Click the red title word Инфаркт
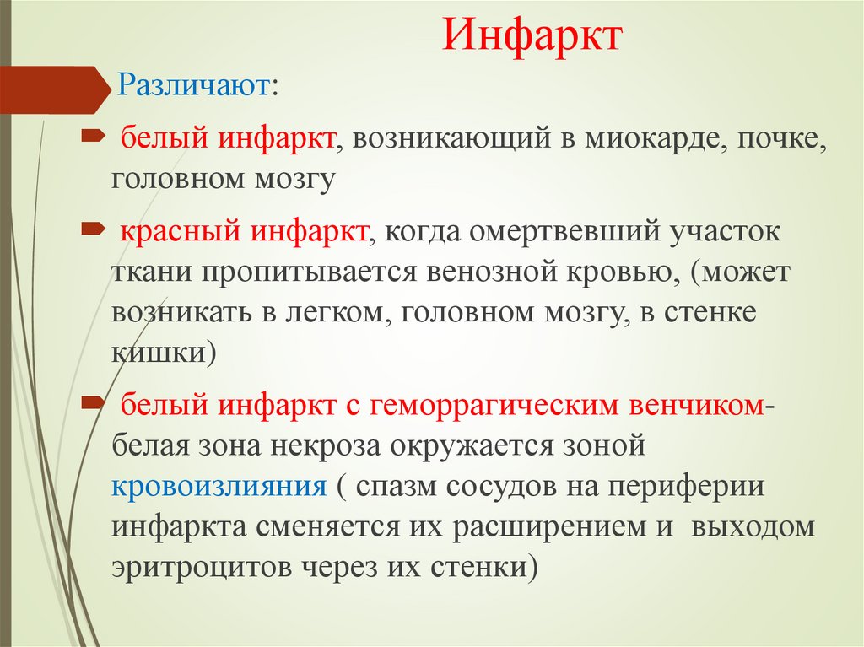click(532, 37)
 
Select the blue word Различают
click(192, 85)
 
